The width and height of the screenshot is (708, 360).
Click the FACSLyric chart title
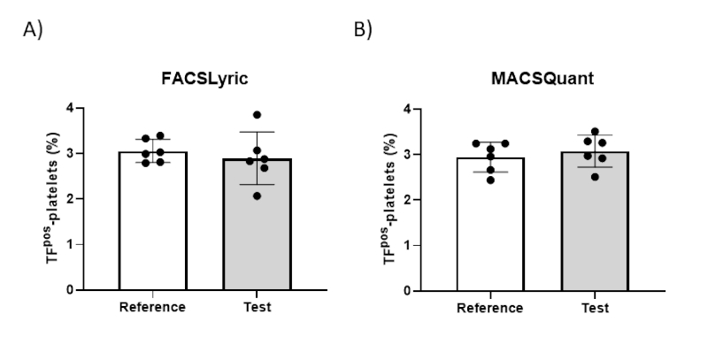(204, 79)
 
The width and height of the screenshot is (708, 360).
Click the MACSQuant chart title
(543, 79)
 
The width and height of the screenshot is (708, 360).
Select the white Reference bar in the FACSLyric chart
(153, 220)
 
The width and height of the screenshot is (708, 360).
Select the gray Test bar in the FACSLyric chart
(257, 224)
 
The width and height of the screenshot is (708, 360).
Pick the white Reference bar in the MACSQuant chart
(490, 224)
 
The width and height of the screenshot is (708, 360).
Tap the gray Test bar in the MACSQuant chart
(595, 221)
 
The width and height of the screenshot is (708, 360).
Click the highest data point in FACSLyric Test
(257, 115)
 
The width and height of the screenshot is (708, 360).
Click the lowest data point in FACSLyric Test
(257, 195)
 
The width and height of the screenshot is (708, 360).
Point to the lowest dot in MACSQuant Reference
(490, 180)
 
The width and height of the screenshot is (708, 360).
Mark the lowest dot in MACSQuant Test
(595, 177)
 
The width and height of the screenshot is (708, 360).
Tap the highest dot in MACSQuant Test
(595, 131)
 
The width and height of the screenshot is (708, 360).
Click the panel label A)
(33, 30)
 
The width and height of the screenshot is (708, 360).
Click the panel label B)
(363, 30)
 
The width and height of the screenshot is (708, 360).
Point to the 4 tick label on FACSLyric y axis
(70, 108)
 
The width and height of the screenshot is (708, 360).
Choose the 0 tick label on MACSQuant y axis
(407, 291)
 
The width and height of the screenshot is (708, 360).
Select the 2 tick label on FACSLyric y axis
(70, 199)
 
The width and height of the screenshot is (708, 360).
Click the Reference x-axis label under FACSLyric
(152, 307)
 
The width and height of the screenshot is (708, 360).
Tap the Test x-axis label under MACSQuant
(595, 308)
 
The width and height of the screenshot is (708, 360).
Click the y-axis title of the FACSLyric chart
(52, 198)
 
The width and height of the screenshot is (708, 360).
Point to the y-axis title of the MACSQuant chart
(390, 199)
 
